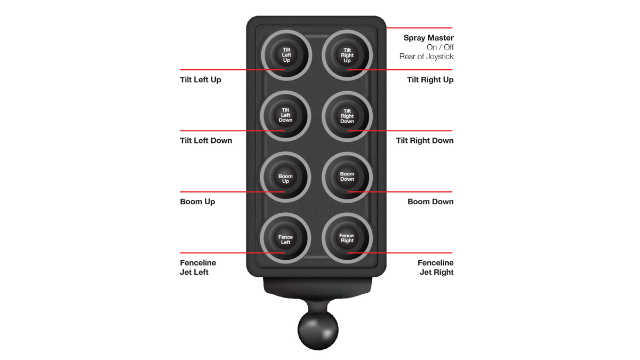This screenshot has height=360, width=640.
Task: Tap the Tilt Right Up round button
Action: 347,55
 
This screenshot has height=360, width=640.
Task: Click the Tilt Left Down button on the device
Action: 285,115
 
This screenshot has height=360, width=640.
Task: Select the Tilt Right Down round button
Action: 347,116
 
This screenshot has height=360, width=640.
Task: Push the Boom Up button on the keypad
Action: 285,177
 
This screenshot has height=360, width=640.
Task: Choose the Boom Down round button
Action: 347,177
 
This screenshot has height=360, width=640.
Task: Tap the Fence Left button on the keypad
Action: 285,238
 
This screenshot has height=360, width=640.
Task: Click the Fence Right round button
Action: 347,238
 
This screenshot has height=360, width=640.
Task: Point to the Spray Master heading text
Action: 428,38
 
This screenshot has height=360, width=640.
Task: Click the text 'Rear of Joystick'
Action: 426,57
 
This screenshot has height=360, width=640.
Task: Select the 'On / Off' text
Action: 440,47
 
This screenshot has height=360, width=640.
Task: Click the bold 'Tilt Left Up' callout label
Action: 201,79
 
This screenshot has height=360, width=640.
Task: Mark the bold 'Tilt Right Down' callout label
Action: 425,141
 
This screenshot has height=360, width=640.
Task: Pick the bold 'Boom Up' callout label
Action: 197,202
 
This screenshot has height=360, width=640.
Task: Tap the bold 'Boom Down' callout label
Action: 430,202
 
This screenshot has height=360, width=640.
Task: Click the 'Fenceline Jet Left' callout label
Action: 198,267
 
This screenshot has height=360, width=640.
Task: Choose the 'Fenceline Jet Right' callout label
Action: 436,267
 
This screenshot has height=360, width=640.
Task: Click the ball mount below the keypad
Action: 318,331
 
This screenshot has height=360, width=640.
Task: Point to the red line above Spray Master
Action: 419,28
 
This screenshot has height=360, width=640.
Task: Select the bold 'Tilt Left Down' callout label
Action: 206,141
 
